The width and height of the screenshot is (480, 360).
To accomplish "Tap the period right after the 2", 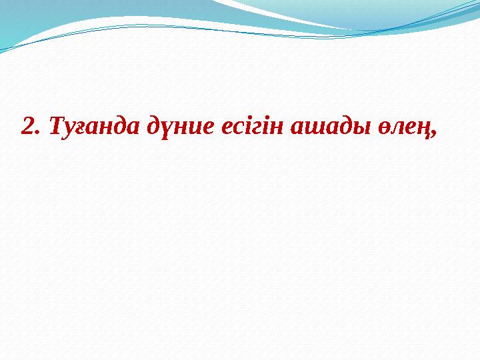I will pos(36,131).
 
